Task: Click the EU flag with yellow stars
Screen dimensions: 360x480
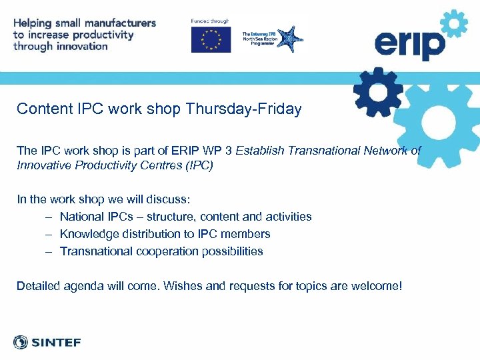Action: (211, 39)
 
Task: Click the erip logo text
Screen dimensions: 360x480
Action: (409, 45)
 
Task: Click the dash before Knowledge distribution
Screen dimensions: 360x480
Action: (50, 234)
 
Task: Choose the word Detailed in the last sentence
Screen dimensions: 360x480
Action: (38, 287)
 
